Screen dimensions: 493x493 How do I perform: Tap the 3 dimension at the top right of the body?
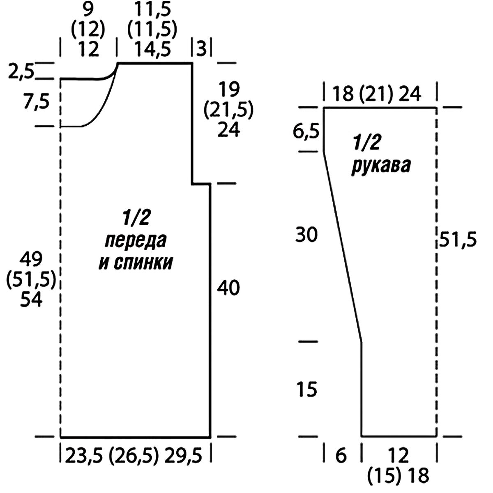pos(202,49)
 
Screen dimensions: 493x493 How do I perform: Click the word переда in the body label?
pos(136,241)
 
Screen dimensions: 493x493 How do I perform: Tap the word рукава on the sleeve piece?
pos(380,167)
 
